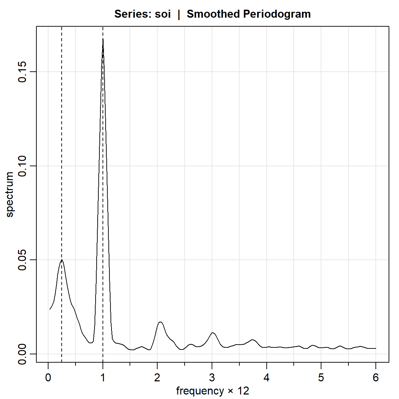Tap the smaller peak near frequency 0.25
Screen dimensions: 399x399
point(62,259)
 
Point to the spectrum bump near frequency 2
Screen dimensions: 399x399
point(160,322)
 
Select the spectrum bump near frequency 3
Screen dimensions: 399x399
point(213,332)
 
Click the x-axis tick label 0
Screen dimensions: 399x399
point(48,378)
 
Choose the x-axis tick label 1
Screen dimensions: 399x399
point(103,378)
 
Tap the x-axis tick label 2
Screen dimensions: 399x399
point(157,378)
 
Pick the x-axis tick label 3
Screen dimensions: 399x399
point(212,378)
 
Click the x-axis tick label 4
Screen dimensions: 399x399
point(267,378)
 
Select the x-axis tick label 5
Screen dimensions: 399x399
point(321,378)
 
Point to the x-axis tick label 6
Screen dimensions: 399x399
point(376,378)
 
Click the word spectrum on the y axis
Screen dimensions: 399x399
point(10,195)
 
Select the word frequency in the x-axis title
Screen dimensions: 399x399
point(200,391)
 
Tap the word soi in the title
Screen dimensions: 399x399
point(163,14)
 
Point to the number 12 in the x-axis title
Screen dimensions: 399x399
point(243,391)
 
